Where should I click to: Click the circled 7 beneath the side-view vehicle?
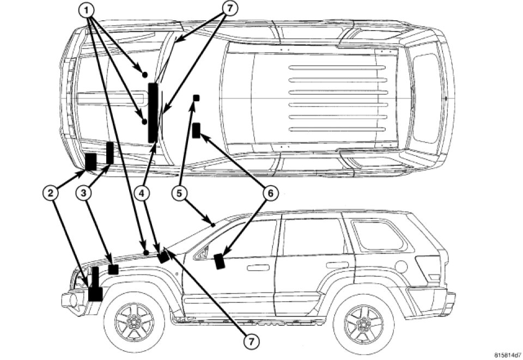pos(251,341)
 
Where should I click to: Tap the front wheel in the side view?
pos(133,322)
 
